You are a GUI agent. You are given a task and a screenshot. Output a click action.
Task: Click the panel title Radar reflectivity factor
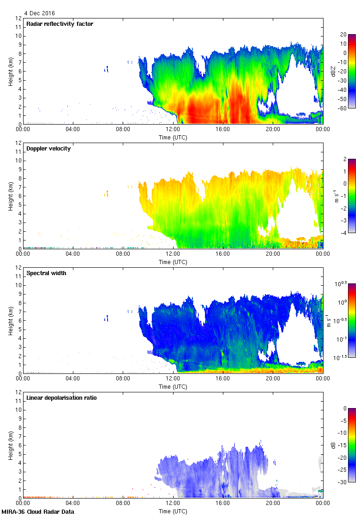(x=60, y=24)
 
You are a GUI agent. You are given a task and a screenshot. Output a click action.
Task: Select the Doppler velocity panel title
(x=48, y=149)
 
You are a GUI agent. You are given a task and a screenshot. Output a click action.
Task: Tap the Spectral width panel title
(x=46, y=273)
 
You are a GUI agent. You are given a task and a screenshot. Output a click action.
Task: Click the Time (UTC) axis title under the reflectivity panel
(x=173, y=138)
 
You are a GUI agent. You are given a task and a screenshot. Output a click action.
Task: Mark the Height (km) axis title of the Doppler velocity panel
(x=10, y=196)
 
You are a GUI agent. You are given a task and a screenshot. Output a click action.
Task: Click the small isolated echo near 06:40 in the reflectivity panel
(x=107, y=69)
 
